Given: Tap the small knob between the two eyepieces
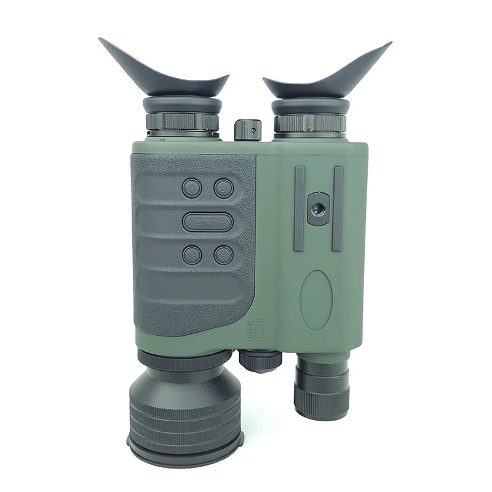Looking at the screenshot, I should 247,129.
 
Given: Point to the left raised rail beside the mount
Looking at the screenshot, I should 300,208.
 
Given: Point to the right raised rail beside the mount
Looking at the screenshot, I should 338,208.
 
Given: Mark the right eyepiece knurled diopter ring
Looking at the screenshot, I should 310,122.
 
